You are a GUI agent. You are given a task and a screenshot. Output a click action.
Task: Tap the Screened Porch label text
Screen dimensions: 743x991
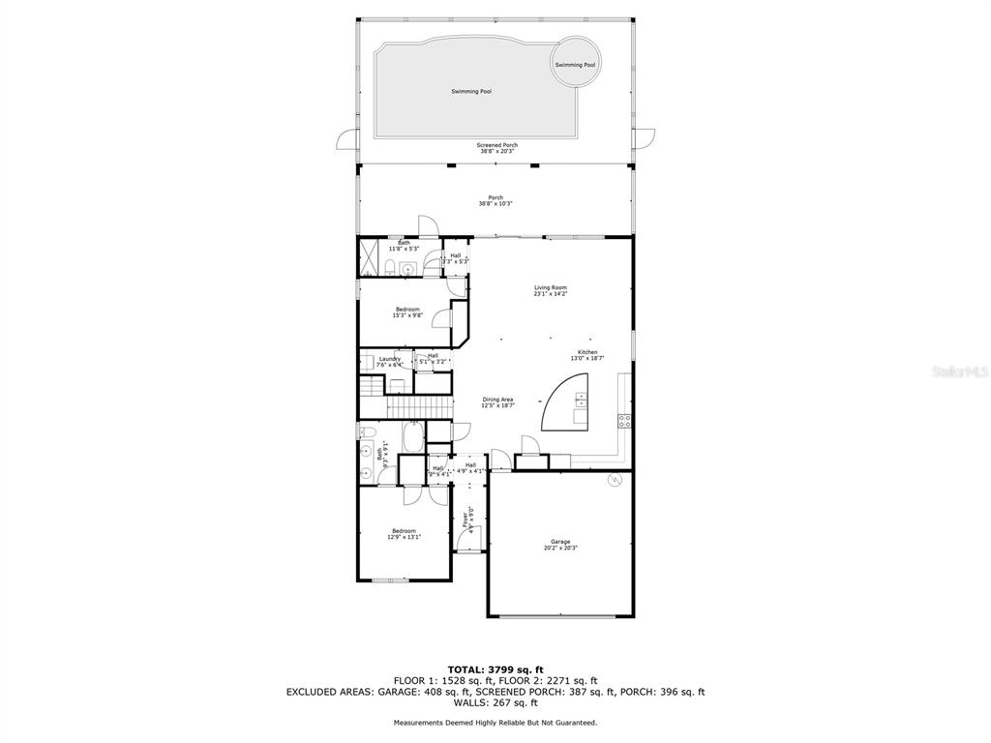click(497, 148)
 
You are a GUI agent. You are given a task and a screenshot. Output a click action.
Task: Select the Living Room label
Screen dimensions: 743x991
click(550, 290)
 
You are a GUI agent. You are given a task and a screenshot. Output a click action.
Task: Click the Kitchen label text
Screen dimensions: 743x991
click(587, 355)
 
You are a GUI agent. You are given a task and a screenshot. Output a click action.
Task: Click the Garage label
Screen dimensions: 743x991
click(560, 545)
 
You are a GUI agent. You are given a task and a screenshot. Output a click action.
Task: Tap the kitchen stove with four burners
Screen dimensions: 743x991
click(624, 421)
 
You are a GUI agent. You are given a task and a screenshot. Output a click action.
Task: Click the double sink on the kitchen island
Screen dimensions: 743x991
click(580, 406)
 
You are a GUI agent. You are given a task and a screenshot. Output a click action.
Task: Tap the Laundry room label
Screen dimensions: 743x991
click(390, 362)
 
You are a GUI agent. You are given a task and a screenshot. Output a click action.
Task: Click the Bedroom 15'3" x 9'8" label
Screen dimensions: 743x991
click(406, 312)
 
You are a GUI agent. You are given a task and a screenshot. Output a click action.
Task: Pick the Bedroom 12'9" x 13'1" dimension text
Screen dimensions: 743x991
click(404, 536)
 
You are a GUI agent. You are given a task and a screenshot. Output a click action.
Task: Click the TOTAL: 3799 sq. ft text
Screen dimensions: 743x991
click(495, 669)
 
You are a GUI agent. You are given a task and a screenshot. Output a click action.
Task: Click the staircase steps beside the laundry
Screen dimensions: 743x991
click(372, 389)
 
